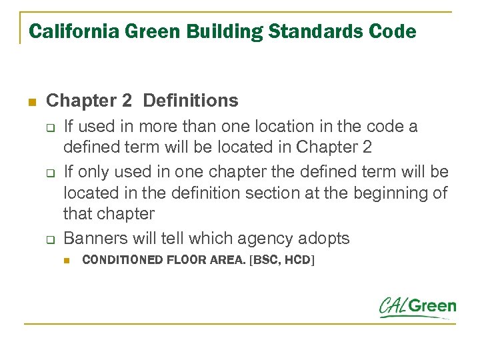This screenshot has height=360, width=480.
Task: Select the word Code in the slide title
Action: tap(395, 31)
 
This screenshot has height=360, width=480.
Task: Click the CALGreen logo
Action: tap(418, 307)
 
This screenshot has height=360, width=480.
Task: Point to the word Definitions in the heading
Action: tap(191, 101)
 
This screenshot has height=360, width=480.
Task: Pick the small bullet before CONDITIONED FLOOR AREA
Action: tap(67, 260)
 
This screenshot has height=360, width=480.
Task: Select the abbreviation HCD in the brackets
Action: tap(296, 259)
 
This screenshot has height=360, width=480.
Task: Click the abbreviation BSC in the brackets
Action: tap(266, 259)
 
